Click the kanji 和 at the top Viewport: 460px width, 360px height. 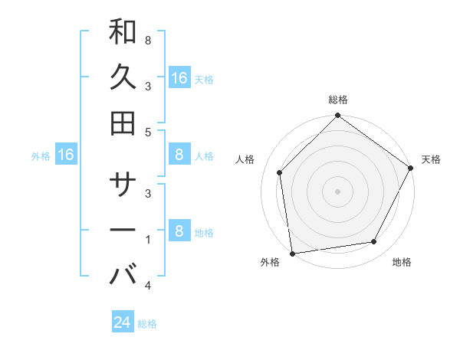point(123,33)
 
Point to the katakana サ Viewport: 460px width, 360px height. point(123,185)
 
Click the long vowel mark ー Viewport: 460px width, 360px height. point(123,230)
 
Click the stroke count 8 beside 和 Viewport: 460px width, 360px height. point(147,40)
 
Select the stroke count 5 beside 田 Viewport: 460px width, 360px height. point(147,132)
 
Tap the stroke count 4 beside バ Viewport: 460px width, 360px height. point(147,286)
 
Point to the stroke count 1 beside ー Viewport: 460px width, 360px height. point(147,240)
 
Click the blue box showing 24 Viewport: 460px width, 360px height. point(123,322)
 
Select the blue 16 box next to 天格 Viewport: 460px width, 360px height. point(179,78)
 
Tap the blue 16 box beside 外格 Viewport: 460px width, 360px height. point(66,155)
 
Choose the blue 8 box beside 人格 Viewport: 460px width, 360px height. point(179,155)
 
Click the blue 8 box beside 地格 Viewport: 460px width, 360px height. point(179,231)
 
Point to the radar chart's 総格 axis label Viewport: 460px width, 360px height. point(338,100)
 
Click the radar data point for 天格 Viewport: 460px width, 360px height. point(410,168)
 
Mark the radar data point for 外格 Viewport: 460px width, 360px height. point(292,253)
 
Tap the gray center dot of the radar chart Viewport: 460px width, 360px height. point(337,191)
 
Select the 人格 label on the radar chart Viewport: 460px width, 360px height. point(245,159)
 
